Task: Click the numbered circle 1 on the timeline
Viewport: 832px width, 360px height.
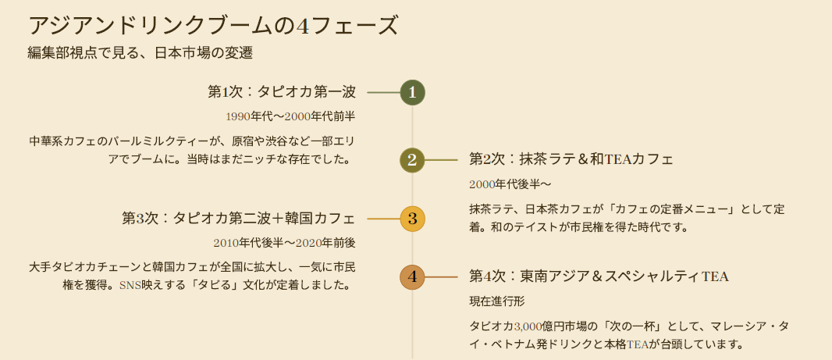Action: click(x=412, y=93)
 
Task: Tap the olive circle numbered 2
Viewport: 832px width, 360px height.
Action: click(x=412, y=160)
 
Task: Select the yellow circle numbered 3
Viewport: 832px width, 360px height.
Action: click(x=412, y=218)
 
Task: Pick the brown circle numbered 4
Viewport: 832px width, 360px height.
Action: click(x=412, y=276)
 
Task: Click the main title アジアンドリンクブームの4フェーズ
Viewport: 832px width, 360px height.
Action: click(x=213, y=26)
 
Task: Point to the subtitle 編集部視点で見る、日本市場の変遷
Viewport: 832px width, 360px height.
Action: click(x=140, y=54)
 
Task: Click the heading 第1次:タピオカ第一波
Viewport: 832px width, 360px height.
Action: click(x=282, y=92)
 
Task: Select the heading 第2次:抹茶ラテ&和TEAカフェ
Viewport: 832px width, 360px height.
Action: click(x=571, y=159)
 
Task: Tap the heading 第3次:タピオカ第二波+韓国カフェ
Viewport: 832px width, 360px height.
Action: click(x=239, y=218)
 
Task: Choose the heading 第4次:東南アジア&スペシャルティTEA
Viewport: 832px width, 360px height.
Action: click(x=599, y=276)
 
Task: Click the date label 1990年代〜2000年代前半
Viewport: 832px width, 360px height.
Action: click(x=290, y=116)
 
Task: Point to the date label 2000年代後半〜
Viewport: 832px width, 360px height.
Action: click(x=510, y=184)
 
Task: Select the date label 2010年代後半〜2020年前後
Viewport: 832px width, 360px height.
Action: click(x=284, y=243)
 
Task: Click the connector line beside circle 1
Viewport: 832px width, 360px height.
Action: click(x=382, y=93)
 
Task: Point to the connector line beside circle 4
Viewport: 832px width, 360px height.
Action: click(x=441, y=276)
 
